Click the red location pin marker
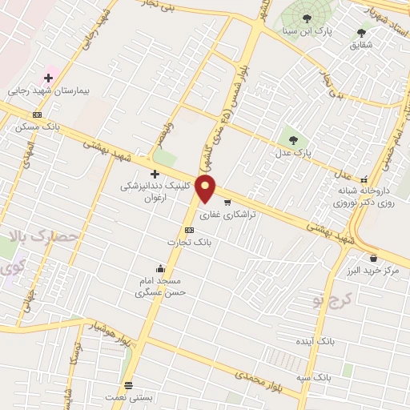point(207,189)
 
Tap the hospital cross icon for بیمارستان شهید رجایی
point(48,78)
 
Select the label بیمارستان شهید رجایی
point(46,90)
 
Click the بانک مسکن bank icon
point(37,115)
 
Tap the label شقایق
point(361,45)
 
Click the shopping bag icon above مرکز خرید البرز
point(373,258)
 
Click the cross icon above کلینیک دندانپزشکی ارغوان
point(155,174)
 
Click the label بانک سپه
point(312,376)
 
